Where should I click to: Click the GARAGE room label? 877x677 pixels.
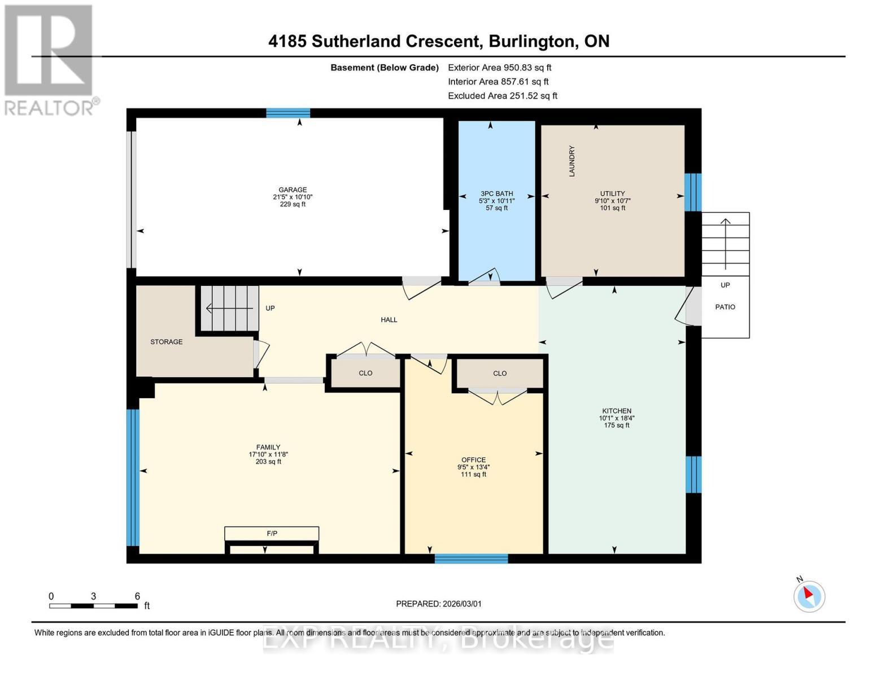(293, 190)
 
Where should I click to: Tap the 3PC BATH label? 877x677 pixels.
(496, 194)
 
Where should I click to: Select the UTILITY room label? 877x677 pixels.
(612, 194)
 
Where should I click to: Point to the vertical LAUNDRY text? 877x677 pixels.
(571, 161)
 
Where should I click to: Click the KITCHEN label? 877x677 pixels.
(616, 411)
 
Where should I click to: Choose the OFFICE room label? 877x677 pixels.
(473, 460)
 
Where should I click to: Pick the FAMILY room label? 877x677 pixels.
(268, 447)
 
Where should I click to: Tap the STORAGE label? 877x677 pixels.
(166, 342)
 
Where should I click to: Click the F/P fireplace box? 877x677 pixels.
(272, 534)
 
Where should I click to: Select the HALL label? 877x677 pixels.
(389, 320)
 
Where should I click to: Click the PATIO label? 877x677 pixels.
(725, 307)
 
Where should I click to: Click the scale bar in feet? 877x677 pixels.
(93, 606)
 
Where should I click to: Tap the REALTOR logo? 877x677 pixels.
(50, 59)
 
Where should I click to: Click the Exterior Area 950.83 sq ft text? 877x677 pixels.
(499, 67)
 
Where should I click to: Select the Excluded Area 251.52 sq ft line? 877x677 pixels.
(502, 96)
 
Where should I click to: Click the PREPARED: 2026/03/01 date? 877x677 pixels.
(438, 604)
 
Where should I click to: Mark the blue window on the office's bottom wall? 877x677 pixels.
(471, 559)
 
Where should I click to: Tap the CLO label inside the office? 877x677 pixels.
(499, 373)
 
